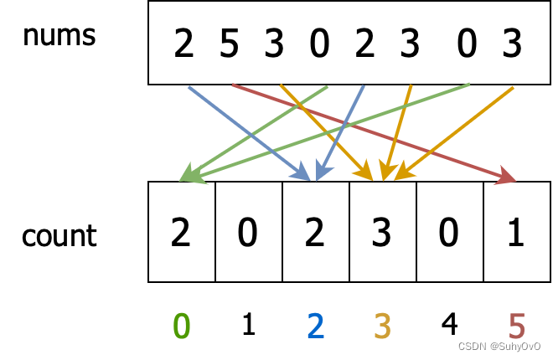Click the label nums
[59, 35]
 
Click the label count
[59, 236]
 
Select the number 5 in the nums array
[229, 44]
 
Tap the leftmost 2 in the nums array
[183, 44]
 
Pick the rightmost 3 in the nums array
[512, 44]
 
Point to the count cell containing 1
[516, 233]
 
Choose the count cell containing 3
[382, 233]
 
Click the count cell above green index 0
[181, 233]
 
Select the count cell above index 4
[449, 233]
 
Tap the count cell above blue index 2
[315, 233]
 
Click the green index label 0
[181, 326]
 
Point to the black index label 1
[248, 324]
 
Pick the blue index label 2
[315, 326]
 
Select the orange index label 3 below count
[382, 326]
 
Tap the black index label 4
[449, 324]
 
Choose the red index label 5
[516, 326]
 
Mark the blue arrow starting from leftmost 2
[247, 131]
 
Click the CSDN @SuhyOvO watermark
[500, 347]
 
